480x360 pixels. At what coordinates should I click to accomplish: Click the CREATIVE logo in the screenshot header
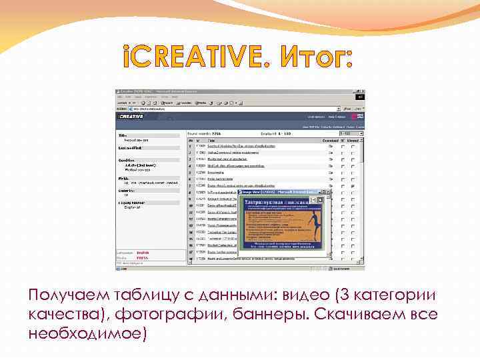[132, 116]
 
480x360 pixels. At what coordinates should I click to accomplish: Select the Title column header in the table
[211, 141]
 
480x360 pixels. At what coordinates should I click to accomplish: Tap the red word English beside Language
[143, 253]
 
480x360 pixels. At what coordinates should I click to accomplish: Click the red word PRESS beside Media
[143, 257]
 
